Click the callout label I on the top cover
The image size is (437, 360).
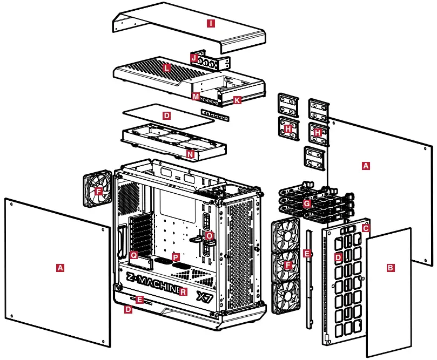pyautogui.click(x=211, y=23)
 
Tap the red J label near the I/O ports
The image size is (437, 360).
pyautogui.click(x=194, y=57)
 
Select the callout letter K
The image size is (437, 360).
pyautogui.click(x=237, y=100)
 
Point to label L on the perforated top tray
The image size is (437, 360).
pyautogui.click(x=166, y=67)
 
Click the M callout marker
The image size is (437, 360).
pyautogui.click(x=196, y=96)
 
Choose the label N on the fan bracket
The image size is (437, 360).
pyautogui.click(x=190, y=154)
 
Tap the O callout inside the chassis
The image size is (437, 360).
pyautogui.click(x=209, y=235)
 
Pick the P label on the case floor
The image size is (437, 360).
pyautogui.click(x=174, y=257)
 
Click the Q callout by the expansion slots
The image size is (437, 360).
pyautogui.click(x=134, y=254)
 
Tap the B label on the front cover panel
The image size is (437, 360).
pyautogui.click(x=391, y=267)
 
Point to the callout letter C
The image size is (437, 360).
pyautogui.click(x=366, y=228)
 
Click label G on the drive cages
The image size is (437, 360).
pyautogui.click(x=307, y=203)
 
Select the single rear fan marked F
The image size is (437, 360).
pyautogui.click(x=98, y=191)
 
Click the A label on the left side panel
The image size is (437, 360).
pyautogui.click(x=60, y=267)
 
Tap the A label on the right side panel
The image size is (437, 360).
pyautogui.click(x=366, y=166)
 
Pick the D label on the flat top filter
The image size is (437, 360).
pyautogui.click(x=166, y=116)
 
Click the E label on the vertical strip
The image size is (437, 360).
pyautogui.click(x=307, y=254)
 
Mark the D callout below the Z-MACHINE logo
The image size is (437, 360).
pyautogui.click(x=128, y=309)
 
